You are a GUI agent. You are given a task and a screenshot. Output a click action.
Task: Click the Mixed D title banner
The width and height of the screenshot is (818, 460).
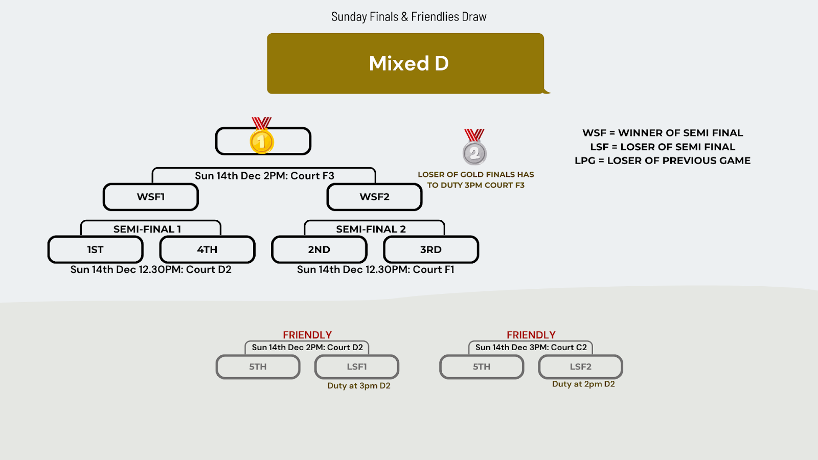tap(405, 63)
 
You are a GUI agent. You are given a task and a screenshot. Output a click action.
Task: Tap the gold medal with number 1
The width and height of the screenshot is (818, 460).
tap(261, 141)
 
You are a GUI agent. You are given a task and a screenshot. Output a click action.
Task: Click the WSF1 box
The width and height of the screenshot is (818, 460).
tap(151, 197)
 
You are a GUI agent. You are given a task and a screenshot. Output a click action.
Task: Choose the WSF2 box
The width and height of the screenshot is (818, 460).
tap(374, 197)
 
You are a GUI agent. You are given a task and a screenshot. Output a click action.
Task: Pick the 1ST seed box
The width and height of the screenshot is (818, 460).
tap(96, 249)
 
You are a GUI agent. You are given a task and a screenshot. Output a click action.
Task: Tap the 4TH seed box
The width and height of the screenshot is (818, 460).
tap(207, 249)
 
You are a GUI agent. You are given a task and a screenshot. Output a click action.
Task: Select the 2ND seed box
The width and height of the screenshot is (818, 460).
tap(319, 249)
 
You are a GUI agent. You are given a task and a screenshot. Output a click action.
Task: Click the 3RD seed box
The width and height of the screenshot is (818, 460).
tap(430, 249)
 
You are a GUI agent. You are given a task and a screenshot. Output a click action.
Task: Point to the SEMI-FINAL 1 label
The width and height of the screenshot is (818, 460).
tap(147, 229)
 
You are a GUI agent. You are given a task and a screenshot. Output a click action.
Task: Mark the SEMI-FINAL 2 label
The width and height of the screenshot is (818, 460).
tap(371, 229)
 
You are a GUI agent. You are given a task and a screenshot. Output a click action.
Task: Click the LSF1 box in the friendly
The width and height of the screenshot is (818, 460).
tap(357, 366)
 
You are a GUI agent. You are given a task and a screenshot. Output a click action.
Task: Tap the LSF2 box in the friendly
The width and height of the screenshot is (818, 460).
tap(580, 366)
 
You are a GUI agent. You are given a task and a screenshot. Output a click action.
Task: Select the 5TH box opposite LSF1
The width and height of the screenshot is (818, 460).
tap(258, 366)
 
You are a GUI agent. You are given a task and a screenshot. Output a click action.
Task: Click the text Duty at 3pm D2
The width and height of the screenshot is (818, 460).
tap(359, 385)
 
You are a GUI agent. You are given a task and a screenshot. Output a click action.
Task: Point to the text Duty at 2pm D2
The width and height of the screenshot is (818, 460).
tap(583, 384)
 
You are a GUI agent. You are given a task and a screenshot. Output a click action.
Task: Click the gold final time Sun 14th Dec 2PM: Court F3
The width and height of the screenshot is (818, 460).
tap(264, 176)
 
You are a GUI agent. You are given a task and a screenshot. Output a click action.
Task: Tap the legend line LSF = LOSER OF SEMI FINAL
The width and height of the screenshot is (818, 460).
tap(663, 147)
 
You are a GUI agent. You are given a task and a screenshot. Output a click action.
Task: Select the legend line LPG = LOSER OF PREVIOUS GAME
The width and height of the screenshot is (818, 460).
tap(663, 160)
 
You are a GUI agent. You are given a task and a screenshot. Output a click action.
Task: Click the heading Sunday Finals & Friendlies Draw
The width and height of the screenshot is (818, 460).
tap(408, 17)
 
